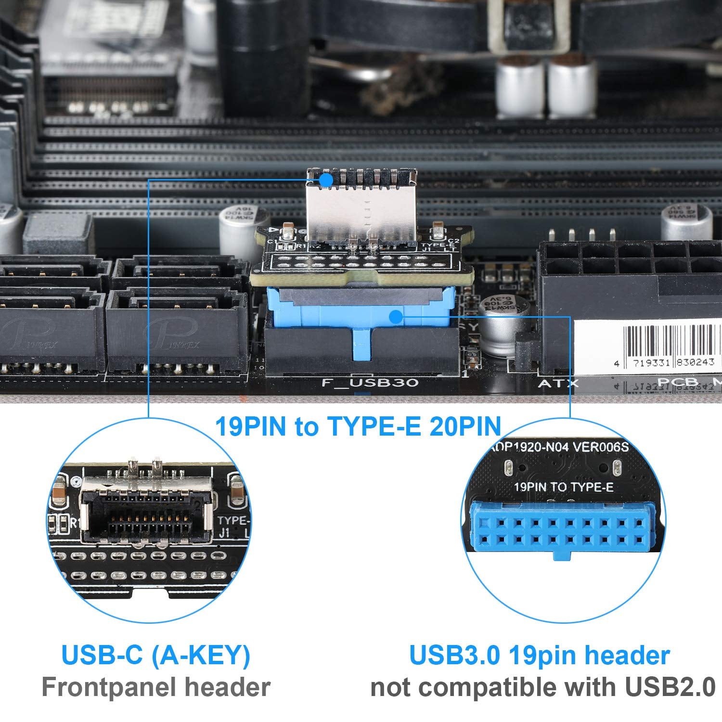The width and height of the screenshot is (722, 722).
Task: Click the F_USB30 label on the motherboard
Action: point(370,383)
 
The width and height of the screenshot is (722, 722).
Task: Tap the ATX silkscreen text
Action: point(558,384)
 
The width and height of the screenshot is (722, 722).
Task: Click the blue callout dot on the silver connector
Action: point(326,180)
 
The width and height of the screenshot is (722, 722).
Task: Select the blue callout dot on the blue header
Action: point(396,317)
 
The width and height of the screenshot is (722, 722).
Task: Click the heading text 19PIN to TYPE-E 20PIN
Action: point(358,426)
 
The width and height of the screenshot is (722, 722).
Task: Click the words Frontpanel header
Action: point(156,687)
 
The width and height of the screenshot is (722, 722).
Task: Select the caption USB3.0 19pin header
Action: point(540,655)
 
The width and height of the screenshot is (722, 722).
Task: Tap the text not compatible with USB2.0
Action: point(543,687)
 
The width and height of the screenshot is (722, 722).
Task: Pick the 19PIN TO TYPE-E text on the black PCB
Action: point(564,487)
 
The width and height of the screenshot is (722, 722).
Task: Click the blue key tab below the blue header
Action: point(361,343)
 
